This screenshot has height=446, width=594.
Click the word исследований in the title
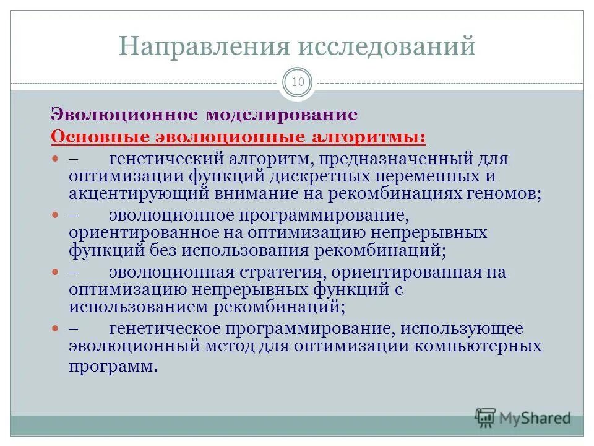[x=387, y=46]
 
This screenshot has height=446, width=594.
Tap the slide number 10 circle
[x=298, y=82]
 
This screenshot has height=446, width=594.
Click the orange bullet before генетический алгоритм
[x=54, y=159]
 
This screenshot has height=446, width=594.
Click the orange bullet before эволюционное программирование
[x=54, y=216]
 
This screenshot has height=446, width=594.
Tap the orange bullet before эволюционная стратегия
[x=54, y=273]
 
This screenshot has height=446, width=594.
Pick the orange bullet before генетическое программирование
[x=54, y=329]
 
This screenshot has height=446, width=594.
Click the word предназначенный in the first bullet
[x=390, y=159]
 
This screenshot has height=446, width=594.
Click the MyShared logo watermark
[x=523, y=418]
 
